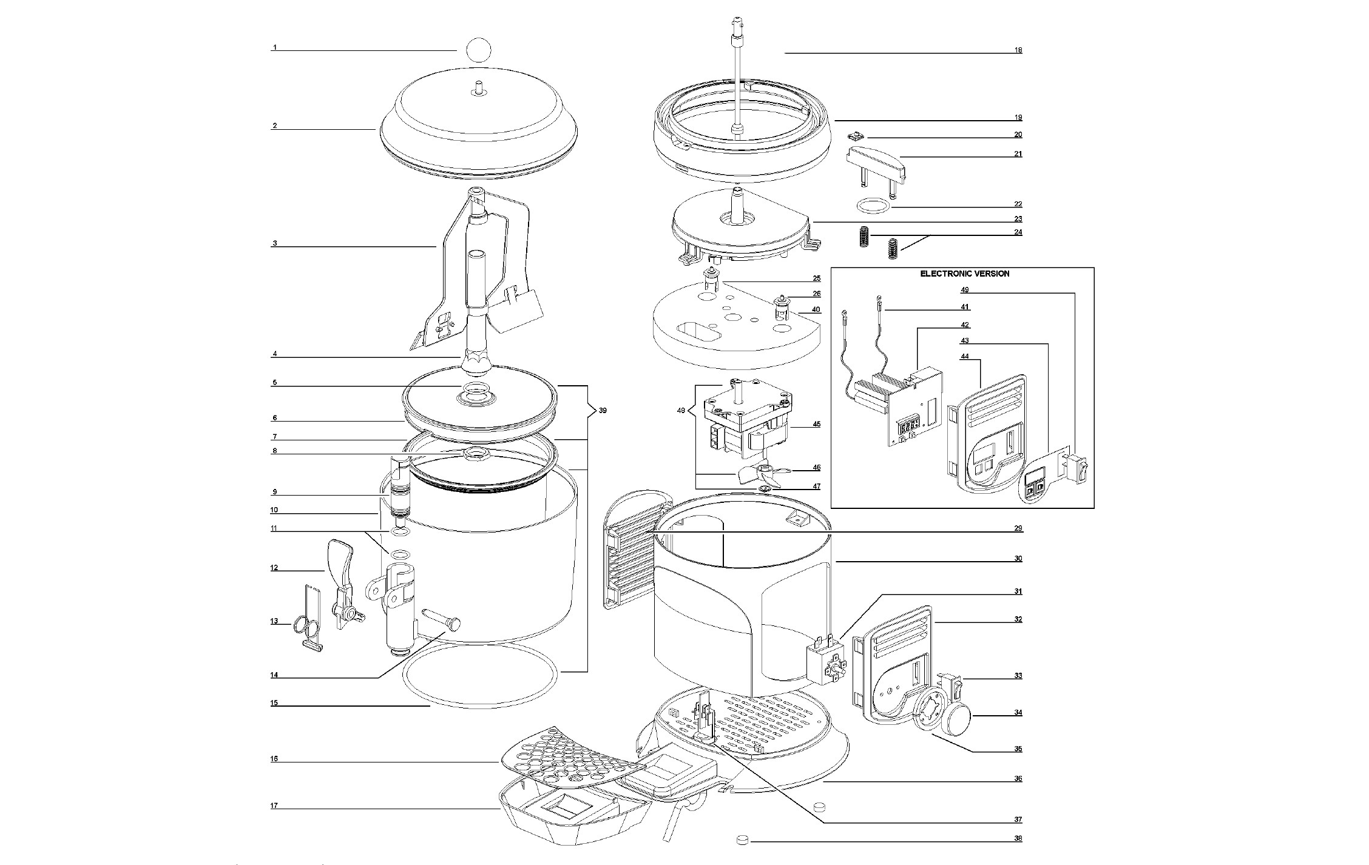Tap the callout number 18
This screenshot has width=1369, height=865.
coord(1018,50)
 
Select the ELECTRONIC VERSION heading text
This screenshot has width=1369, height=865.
coord(965,274)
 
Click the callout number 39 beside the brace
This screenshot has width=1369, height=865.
coord(602,411)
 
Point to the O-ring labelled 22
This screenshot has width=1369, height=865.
coord(874,206)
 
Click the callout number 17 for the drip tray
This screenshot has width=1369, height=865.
coord(274,806)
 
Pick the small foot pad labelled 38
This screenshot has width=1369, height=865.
coord(741,840)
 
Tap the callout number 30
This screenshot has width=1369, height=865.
coord(1018,559)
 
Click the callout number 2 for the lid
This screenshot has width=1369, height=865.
coord(274,126)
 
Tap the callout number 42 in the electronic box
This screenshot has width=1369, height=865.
coord(965,325)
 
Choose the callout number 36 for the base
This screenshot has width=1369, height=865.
coord(1018,778)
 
